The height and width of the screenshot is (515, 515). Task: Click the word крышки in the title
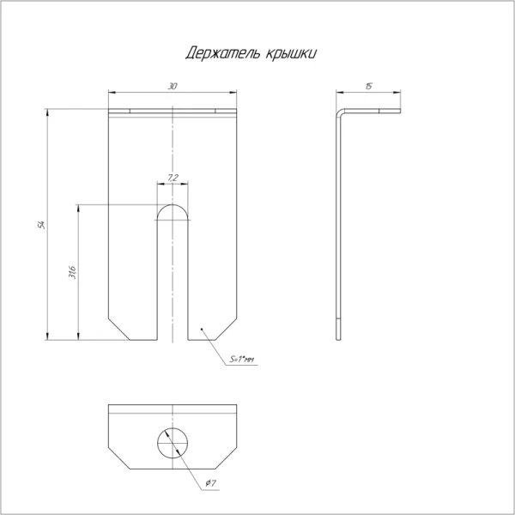(291, 54)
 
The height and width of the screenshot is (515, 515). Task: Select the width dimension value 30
(173, 87)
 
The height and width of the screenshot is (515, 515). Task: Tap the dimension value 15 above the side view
(368, 87)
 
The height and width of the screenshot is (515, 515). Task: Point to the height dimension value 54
(41, 225)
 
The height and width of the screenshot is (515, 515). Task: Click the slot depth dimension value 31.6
(72, 272)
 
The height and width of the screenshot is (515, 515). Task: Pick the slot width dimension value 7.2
(173, 178)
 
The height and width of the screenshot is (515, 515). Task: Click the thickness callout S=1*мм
(242, 360)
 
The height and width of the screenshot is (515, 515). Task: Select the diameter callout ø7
(210, 482)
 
